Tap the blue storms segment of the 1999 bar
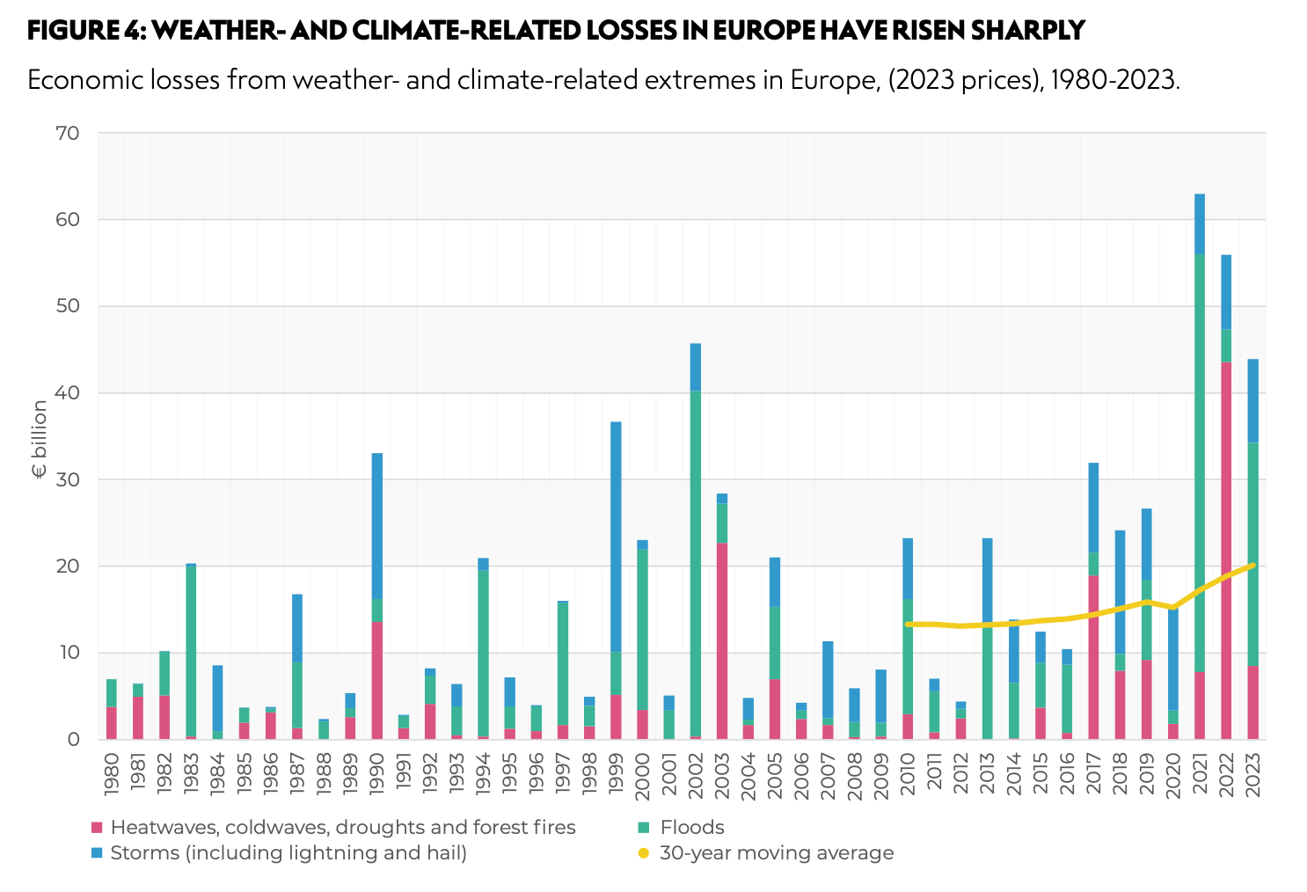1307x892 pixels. click(x=616, y=537)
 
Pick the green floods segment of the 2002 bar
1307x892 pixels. click(x=696, y=563)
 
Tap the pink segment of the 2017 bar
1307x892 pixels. click(x=1093, y=656)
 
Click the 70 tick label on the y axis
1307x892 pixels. click(x=69, y=134)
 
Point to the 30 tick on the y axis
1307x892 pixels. click(x=69, y=479)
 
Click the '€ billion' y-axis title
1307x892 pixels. click(x=40, y=439)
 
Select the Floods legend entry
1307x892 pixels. click(x=691, y=827)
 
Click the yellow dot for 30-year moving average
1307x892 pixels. click(x=643, y=853)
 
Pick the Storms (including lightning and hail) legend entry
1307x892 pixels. click(x=288, y=852)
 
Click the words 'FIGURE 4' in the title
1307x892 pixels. click(x=84, y=31)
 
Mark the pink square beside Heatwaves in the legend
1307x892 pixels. click(x=97, y=828)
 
